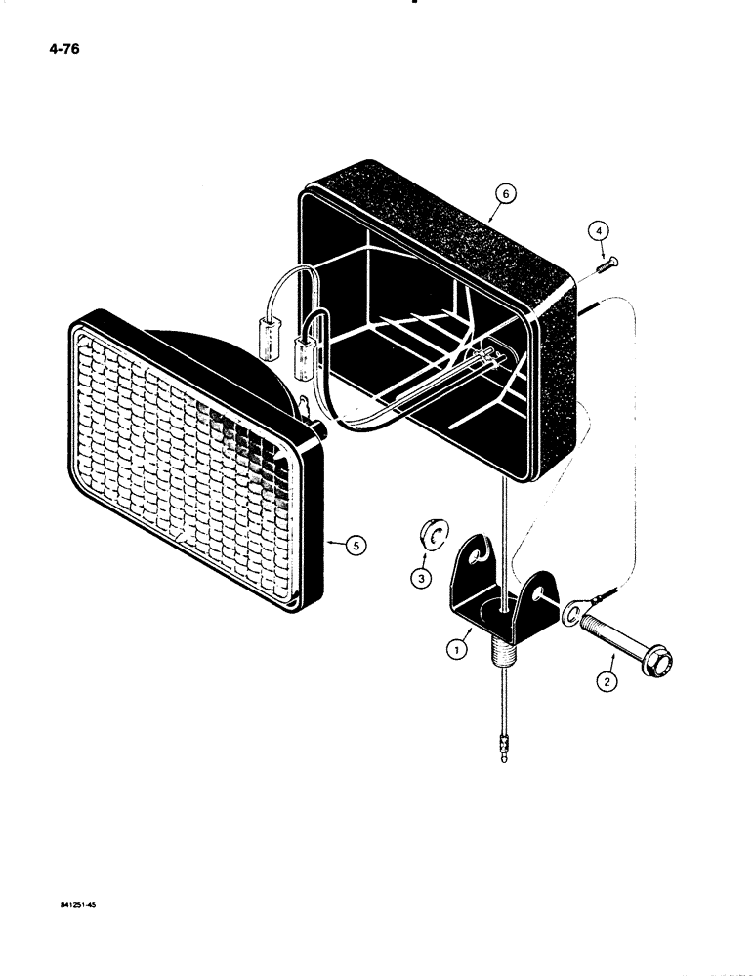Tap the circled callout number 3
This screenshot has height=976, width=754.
pyautogui.click(x=421, y=579)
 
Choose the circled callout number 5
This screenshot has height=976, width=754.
pyautogui.click(x=356, y=547)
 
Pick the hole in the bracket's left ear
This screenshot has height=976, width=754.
pyautogui.click(x=476, y=556)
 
